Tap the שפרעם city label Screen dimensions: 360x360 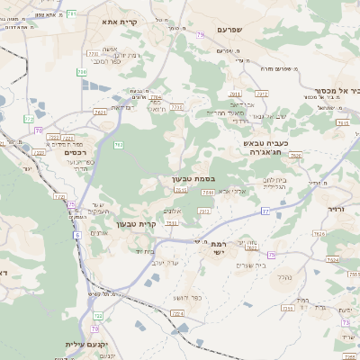click(x=231, y=31)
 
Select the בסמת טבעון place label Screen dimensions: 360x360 click(x=193, y=178)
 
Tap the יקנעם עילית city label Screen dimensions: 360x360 click(x=86, y=345)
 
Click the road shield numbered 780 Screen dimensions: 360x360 click(x=82, y=72)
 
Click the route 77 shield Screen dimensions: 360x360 click(x=265, y=211)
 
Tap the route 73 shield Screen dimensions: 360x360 click(x=346, y=322)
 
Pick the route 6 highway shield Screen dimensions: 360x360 click(x=77, y=235)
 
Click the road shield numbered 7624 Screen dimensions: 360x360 click(x=333, y=260)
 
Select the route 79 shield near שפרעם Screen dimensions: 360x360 click(x=200, y=35)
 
